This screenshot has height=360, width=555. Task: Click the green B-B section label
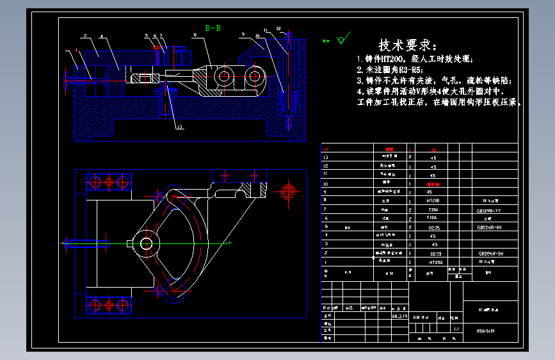213,28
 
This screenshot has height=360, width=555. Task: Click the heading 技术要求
408,45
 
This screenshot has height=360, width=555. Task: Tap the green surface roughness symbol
341,39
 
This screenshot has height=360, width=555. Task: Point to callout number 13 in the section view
180,127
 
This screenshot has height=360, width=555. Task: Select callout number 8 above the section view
195,35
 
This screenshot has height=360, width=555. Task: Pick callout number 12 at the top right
279,29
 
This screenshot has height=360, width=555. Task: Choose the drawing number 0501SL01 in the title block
487,331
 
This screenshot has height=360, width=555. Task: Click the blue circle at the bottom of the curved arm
173,296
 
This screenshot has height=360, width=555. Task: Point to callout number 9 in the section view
244,33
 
